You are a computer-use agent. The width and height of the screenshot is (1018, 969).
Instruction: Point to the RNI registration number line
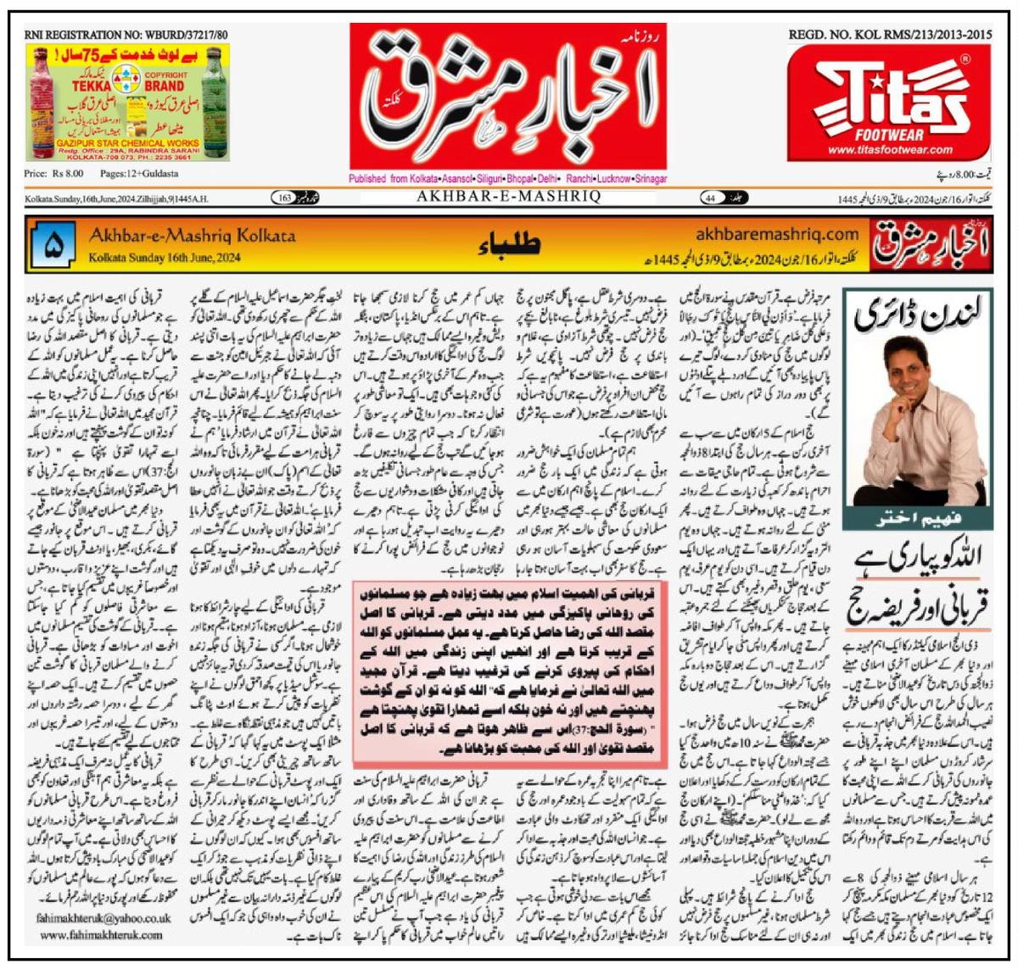click(x=126, y=35)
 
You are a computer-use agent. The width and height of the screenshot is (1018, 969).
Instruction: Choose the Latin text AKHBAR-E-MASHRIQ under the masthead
click(x=508, y=197)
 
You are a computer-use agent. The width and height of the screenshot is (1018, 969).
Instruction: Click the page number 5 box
click(x=53, y=244)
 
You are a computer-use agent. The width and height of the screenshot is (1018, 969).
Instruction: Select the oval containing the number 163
click(x=293, y=198)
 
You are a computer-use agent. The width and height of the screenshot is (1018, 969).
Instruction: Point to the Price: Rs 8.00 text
click(x=54, y=174)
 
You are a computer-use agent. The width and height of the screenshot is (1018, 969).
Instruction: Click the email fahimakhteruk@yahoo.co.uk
click(x=104, y=918)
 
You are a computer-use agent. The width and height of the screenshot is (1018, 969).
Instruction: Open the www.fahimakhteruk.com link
click(x=102, y=934)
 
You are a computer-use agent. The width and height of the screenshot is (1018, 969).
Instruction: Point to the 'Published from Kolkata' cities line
click(x=507, y=179)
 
